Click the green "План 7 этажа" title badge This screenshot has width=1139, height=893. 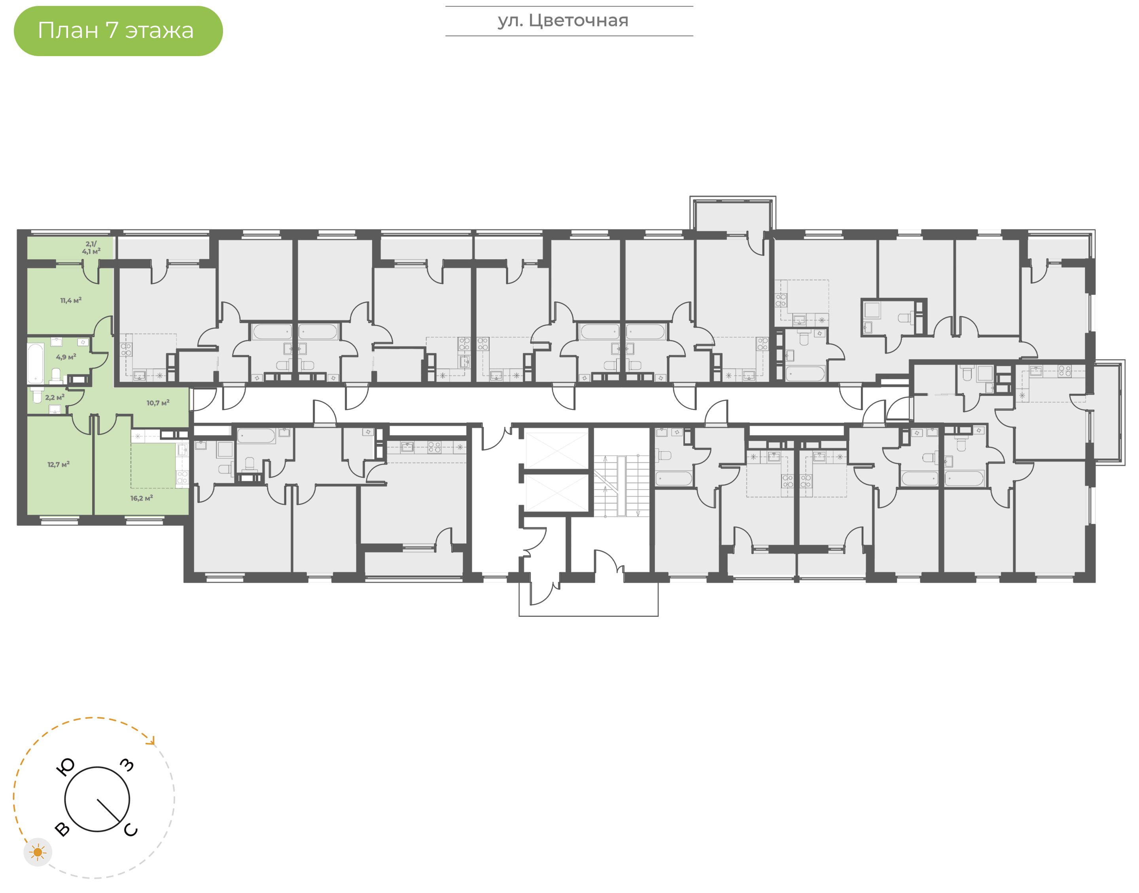(x=118, y=31)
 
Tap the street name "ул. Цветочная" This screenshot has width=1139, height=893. (x=563, y=21)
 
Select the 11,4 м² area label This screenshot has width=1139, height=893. (x=71, y=301)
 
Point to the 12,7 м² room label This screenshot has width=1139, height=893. (x=59, y=464)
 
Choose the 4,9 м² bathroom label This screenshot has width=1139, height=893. (x=66, y=357)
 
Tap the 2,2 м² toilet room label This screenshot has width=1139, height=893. (x=55, y=398)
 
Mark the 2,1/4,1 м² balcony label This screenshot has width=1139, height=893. (x=91, y=248)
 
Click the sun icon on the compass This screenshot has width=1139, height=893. (x=38, y=852)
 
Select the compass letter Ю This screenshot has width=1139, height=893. (x=65, y=767)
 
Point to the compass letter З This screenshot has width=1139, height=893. (x=127, y=765)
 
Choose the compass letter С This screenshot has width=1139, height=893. (x=131, y=830)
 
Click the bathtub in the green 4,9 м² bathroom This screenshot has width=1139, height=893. (x=36, y=364)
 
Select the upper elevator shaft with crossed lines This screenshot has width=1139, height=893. (x=557, y=450)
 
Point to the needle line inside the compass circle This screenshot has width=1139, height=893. (x=108, y=810)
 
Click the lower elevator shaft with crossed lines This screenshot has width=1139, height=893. (x=557, y=493)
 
